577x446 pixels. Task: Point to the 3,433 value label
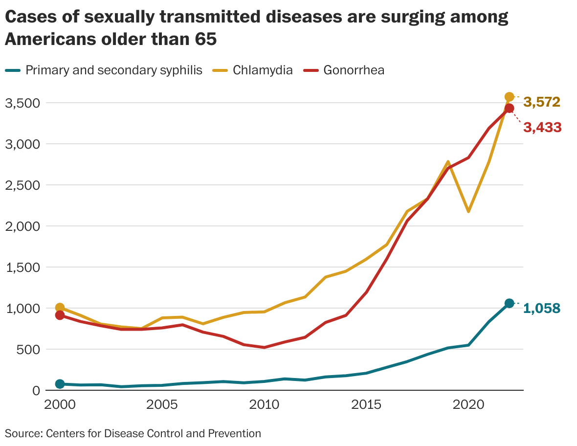click(x=542, y=128)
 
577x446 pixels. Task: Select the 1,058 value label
click(x=542, y=308)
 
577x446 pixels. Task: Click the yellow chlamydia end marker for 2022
click(x=509, y=97)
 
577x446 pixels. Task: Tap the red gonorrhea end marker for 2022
click(x=509, y=109)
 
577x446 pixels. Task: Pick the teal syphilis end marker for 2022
click(x=509, y=303)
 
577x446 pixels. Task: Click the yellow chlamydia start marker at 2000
click(x=60, y=308)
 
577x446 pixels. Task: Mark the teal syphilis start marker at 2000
click(x=60, y=384)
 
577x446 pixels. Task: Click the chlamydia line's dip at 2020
click(x=468, y=211)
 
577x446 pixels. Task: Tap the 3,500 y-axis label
click(x=21, y=103)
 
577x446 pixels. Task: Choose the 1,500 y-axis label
click(x=21, y=268)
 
